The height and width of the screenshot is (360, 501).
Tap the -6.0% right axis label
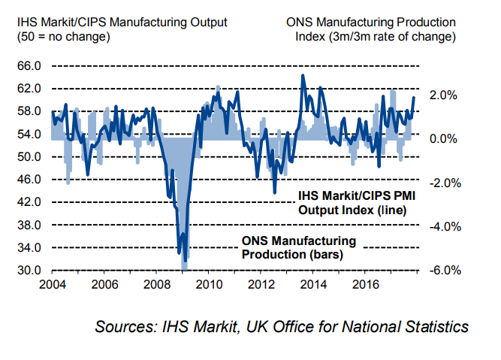coord(442,271)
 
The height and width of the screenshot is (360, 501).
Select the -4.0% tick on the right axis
coord(442,226)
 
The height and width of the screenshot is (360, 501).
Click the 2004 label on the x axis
coord(51,285)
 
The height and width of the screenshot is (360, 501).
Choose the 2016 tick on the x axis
coord(365,285)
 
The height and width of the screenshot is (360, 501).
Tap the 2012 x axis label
coord(260,285)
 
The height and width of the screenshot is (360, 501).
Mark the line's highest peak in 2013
coord(303,75)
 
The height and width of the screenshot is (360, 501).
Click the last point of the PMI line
coord(414,97)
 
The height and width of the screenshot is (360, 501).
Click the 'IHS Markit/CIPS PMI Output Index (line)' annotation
coord(352,203)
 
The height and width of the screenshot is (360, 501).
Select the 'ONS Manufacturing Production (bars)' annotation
coord(298,247)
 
